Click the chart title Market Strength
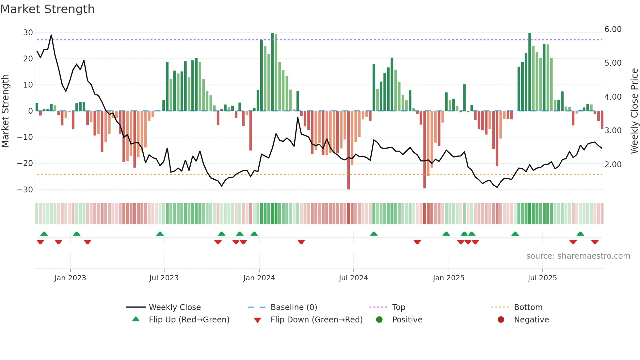point(47,9)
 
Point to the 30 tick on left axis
point(28,33)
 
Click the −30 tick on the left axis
point(25,190)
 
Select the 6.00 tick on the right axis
point(613,29)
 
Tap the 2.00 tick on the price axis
point(613,165)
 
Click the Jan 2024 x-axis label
point(259,278)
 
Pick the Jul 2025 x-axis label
point(542,278)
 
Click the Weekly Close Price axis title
point(634,111)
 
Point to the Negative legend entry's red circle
point(501,320)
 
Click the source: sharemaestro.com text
point(578,256)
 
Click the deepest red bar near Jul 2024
point(348,150)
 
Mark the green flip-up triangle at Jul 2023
point(160,234)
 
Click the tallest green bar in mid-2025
point(530,72)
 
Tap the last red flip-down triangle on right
point(595,242)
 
